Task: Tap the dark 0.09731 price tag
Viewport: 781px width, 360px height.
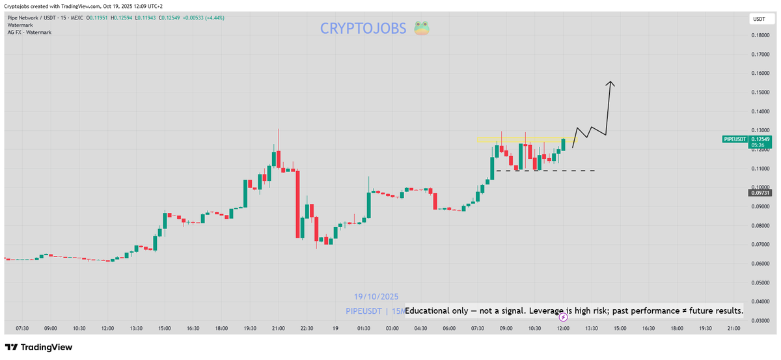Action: click(760, 193)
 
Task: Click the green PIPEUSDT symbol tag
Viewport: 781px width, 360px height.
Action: click(735, 139)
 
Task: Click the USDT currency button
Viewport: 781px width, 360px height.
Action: click(759, 19)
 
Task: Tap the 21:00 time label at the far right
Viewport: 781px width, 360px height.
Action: click(733, 329)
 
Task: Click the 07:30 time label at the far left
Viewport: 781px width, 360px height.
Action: click(21, 329)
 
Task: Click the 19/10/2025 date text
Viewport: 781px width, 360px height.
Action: click(376, 296)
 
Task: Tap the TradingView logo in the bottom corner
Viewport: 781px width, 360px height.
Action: click(39, 348)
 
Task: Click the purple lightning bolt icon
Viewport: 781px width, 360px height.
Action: click(563, 317)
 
